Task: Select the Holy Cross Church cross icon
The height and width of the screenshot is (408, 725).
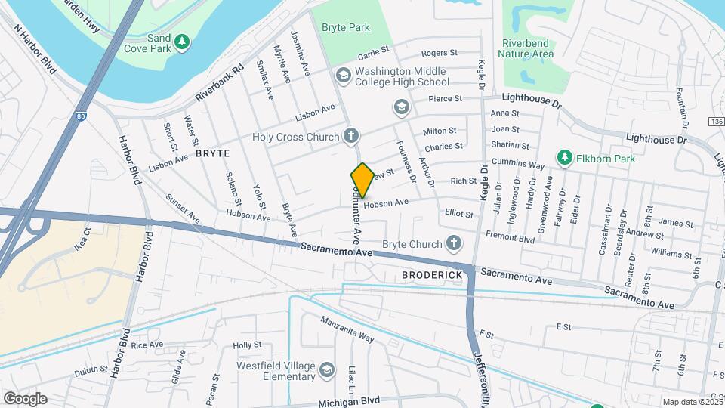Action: (350, 137)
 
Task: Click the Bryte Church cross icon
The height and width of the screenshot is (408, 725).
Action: (453, 243)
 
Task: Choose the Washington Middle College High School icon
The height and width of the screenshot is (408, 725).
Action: (344, 75)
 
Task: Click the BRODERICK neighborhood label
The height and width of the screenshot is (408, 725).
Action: (432, 274)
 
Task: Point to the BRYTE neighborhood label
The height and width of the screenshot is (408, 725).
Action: (211, 153)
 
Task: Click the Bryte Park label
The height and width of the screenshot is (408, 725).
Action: (346, 27)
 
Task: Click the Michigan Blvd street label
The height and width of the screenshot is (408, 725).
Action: (348, 403)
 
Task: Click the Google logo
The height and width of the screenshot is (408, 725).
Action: (25, 398)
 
